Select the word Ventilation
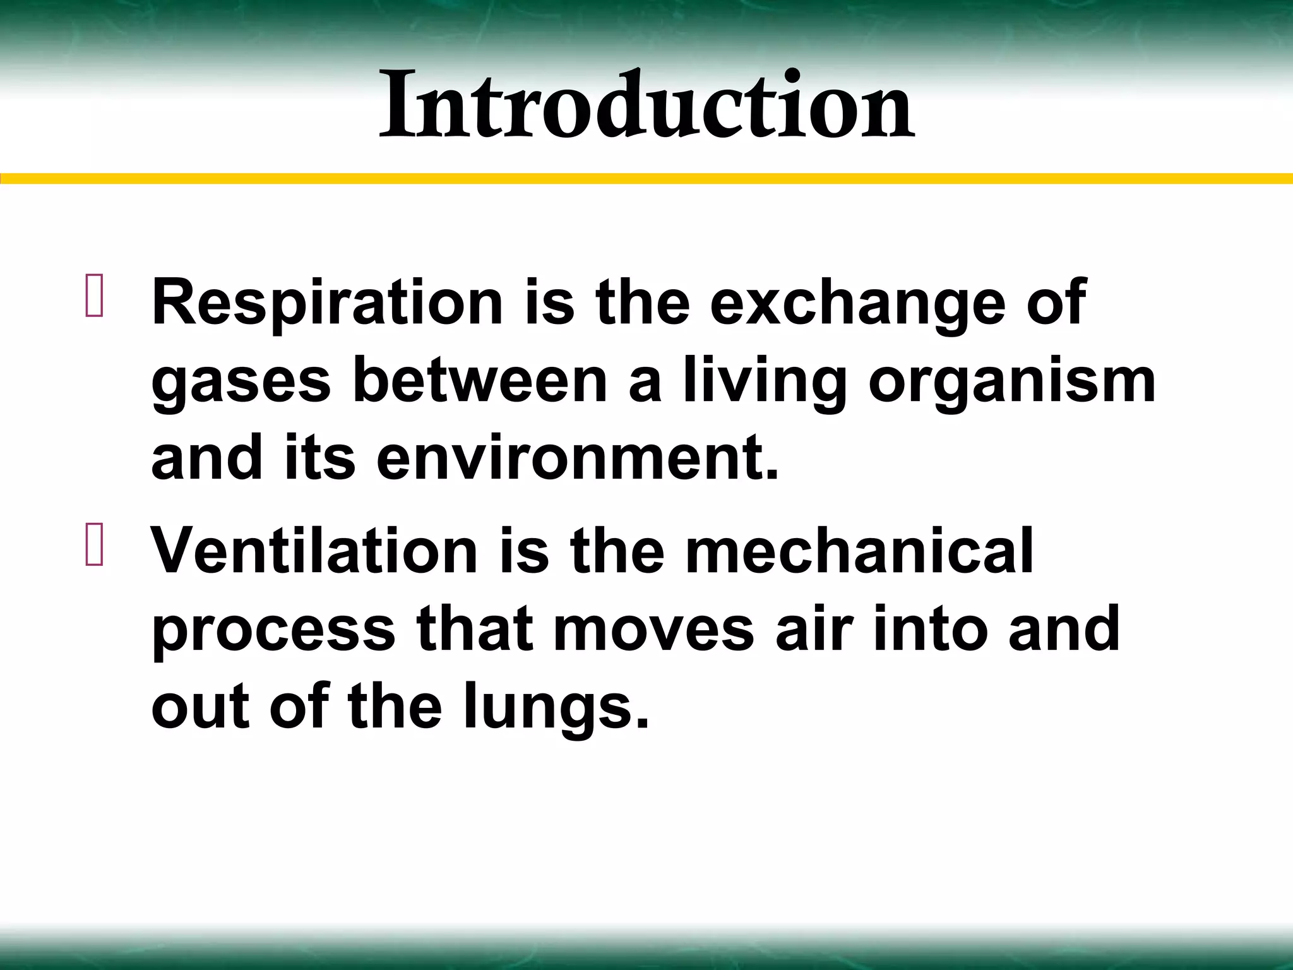point(314,551)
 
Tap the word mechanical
point(859,551)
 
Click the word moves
point(653,630)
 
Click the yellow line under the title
point(646,179)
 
